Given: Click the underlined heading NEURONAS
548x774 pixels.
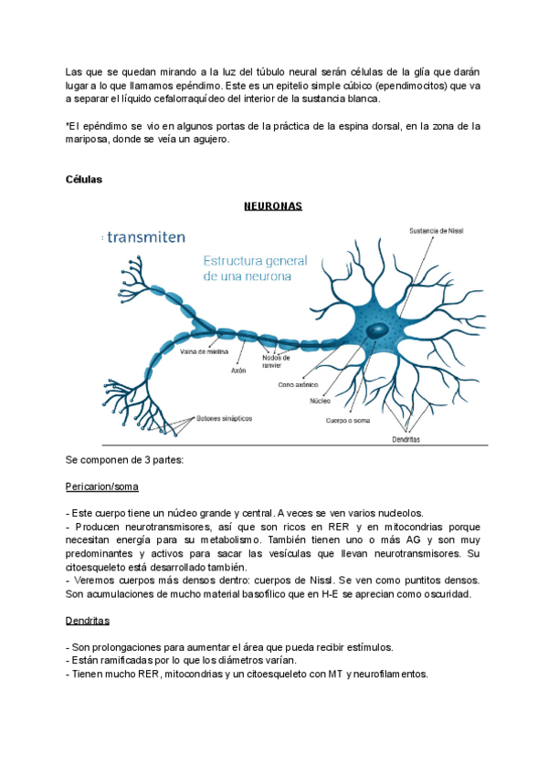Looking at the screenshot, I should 272,206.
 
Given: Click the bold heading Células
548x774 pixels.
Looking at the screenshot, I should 84,179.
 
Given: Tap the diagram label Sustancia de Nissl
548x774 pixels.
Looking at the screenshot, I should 435,231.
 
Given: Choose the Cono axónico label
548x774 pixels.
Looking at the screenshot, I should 297,384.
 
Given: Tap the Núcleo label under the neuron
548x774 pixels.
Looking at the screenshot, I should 321,400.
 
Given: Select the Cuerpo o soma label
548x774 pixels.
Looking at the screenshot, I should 347,421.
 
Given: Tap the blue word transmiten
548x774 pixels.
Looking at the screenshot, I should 146,236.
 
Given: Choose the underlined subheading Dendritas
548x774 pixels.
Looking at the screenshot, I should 88,621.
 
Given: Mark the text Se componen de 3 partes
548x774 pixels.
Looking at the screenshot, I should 125,460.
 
